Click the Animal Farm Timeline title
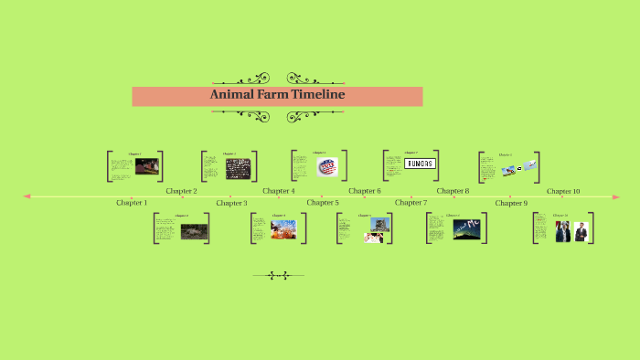[277, 95]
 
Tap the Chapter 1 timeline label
[132, 202]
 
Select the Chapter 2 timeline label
[181, 191]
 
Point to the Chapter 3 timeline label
[231, 202]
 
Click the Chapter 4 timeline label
[278, 191]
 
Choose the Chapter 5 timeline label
[322, 202]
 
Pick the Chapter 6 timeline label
[365, 191]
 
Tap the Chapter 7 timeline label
[411, 202]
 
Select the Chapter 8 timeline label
[453, 191]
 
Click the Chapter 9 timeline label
[511, 202]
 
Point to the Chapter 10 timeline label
[563, 191]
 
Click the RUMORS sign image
[420, 164]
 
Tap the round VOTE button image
[327, 166]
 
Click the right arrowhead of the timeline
[616, 196]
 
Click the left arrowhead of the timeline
[27, 196]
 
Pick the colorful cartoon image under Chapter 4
[283, 228]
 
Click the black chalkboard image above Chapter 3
[238, 168]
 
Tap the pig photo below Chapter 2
[194, 231]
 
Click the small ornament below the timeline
[278, 274]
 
